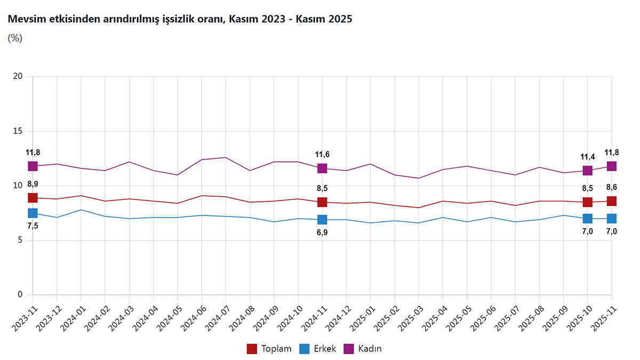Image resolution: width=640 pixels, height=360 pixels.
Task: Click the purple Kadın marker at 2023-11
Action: coord(33,166)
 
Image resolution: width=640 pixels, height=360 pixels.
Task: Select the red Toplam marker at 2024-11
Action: coord(322,202)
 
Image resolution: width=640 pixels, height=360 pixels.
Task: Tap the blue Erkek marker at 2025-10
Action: coord(587,218)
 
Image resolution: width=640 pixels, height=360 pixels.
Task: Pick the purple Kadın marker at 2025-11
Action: coord(611,166)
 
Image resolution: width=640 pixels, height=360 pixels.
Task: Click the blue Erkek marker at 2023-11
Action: coord(33,213)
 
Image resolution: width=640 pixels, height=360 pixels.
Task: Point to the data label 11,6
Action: coord(322,155)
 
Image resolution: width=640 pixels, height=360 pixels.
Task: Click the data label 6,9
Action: coord(322,233)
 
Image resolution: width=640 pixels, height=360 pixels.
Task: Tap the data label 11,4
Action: coord(587,157)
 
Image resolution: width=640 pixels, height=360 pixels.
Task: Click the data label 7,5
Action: coord(33,226)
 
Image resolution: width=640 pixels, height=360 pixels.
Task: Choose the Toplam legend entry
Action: coord(269,349)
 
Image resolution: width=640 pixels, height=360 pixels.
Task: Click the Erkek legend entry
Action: coord(318,349)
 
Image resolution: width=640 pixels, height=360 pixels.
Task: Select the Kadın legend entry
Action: coord(363,349)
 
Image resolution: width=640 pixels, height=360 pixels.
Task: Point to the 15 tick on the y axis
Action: coord(18,131)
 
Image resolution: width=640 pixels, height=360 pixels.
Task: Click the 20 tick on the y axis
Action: coord(18,76)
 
